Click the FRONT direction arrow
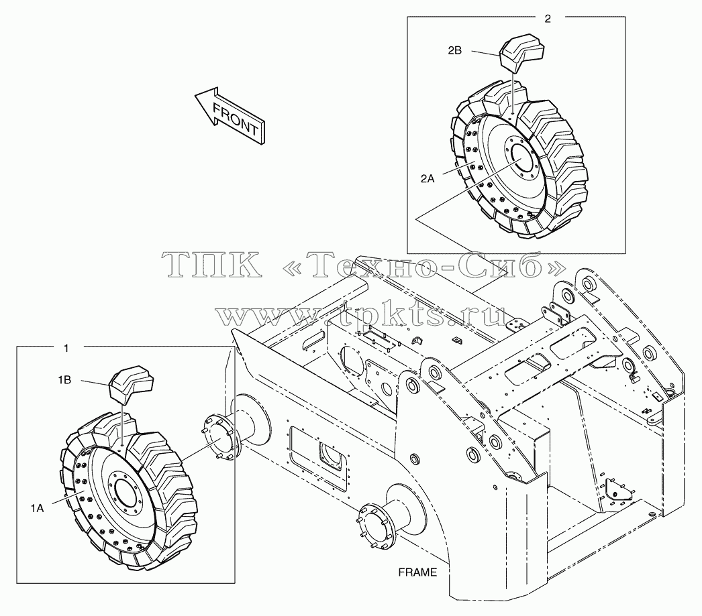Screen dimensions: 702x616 (x=230, y=115)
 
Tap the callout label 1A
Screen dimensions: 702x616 (x=37, y=508)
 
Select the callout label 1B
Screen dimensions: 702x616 (x=64, y=380)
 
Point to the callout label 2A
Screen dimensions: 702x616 (x=428, y=179)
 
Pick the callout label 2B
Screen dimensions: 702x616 (x=454, y=50)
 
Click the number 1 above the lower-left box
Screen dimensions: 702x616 (x=66, y=349)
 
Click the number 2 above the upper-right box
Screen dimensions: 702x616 (x=548, y=19)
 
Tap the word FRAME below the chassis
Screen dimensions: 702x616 (x=417, y=572)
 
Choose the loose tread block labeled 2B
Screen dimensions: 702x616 (x=521, y=53)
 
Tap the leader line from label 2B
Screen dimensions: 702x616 (x=486, y=54)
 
